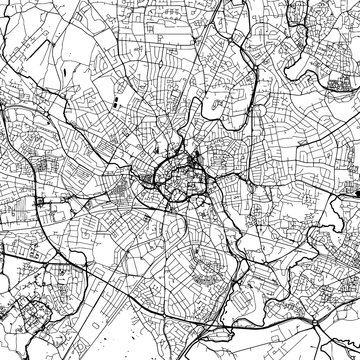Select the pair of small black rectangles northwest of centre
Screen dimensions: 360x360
click(x=115, y=102)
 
